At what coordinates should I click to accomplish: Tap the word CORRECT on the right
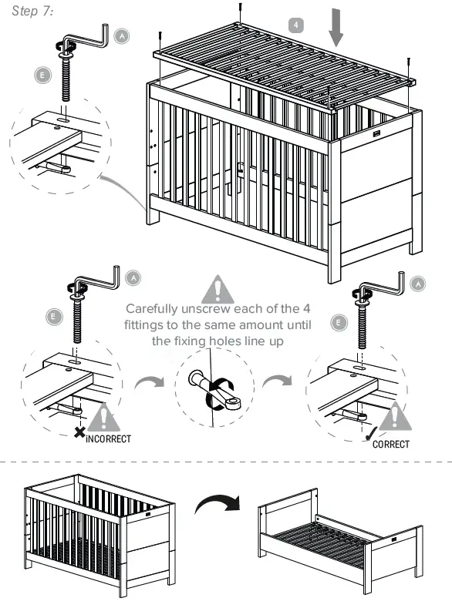(390, 444)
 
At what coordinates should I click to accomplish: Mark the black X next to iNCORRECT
(79, 433)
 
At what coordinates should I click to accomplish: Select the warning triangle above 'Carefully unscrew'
(218, 289)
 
